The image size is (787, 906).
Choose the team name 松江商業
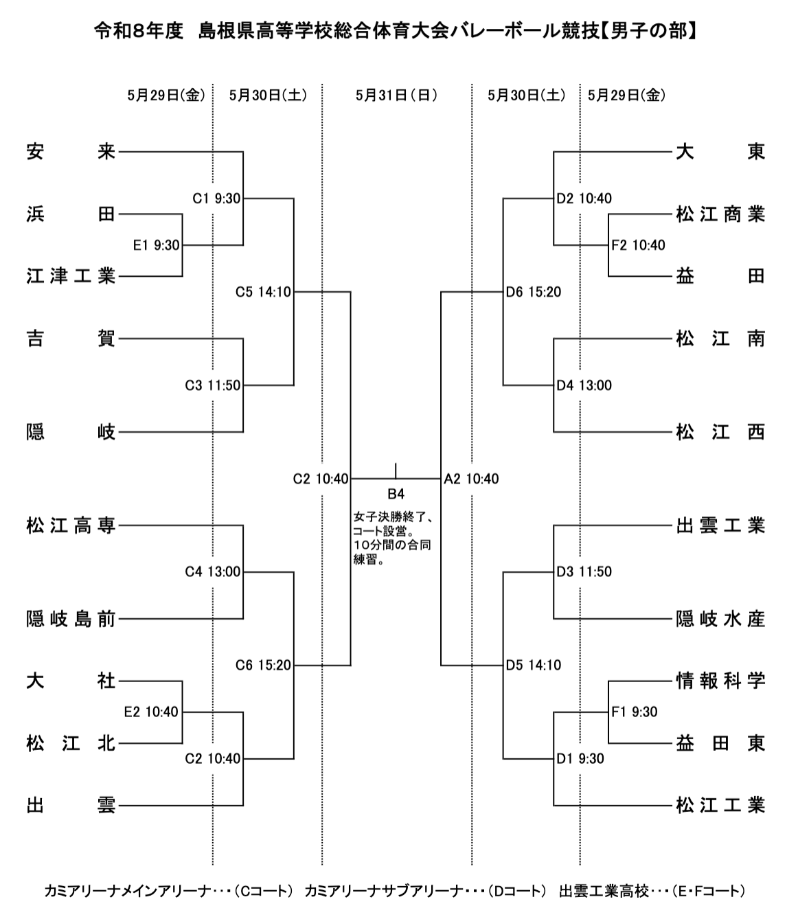click(720, 214)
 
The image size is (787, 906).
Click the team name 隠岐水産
click(720, 620)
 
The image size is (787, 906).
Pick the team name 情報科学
click(720, 681)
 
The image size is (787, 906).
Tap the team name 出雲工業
click(720, 526)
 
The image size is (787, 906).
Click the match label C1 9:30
click(216, 199)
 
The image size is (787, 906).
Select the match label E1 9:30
click(156, 245)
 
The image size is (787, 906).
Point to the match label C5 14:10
click(263, 292)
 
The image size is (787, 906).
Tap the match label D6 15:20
click(534, 292)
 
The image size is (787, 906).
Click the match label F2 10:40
click(639, 245)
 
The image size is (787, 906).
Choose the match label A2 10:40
click(471, 479)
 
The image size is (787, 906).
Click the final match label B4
click(396, 493)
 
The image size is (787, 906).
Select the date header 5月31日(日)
click(396, 95)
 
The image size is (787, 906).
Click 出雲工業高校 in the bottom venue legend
click(604, 891)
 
